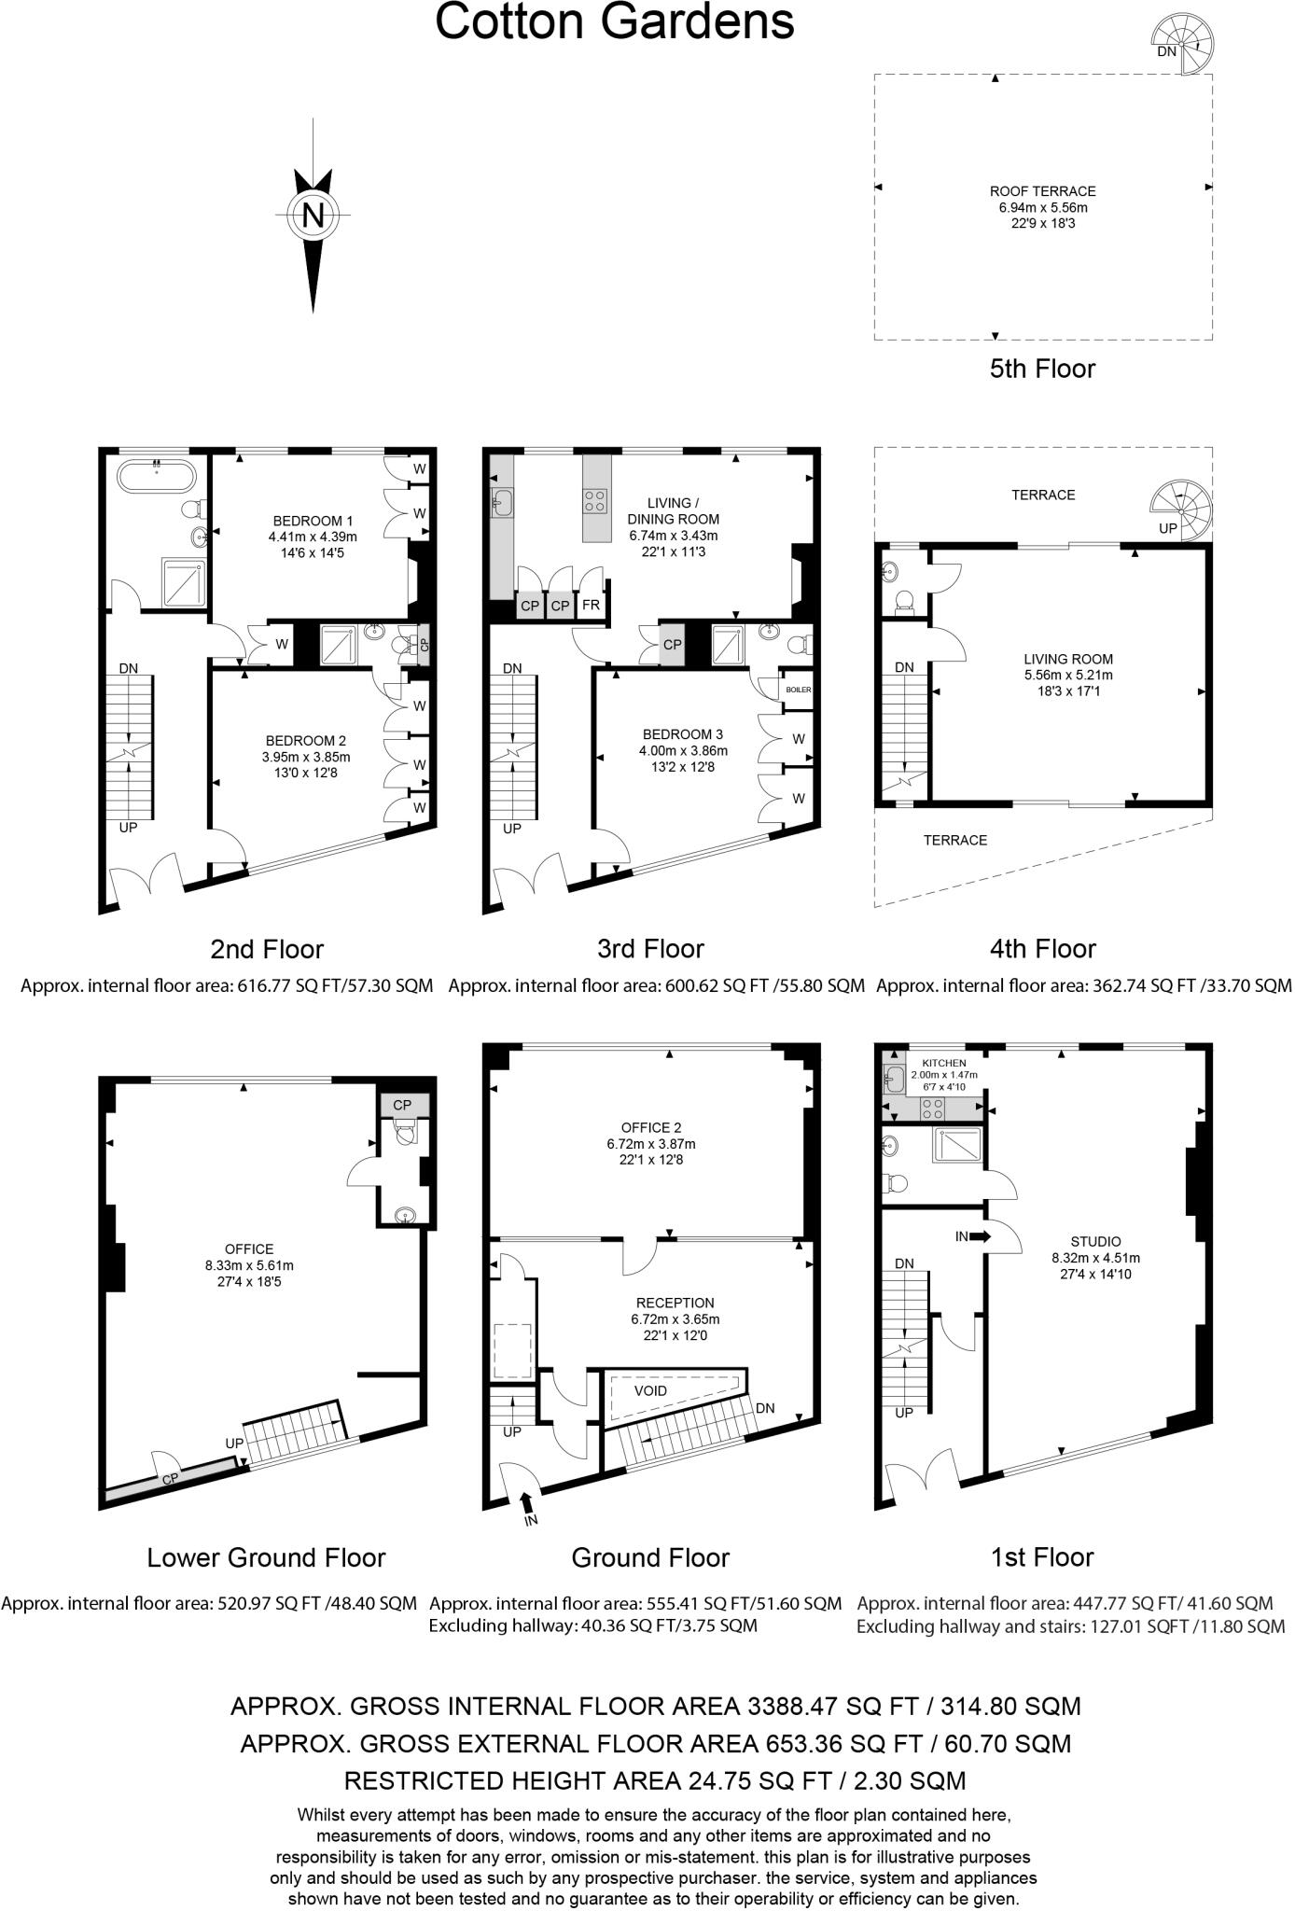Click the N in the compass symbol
point(313,216)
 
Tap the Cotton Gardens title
point(615,22)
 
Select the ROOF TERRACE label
point(1042,191)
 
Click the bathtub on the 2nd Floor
point(156,479)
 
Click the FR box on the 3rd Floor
point(591,606)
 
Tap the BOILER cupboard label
point(799,690)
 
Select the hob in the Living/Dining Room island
point(595,500)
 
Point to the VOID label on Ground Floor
point(650,1390)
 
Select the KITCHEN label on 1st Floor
point(943,1063)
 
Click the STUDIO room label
point(1095,1242)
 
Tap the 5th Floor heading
point(1042,369)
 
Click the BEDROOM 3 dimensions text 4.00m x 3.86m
point(683,750)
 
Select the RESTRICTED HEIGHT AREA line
point(654,1780)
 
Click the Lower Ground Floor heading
point(266,1557)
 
